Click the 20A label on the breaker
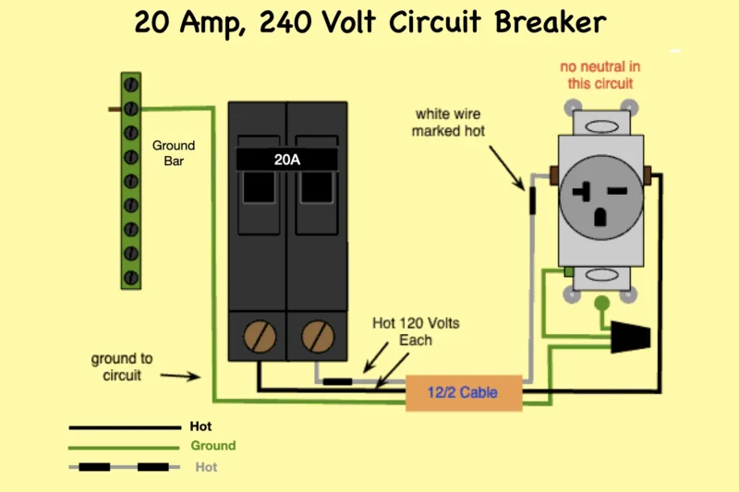[x=286, y=159]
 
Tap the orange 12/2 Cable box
[x=463, y=393]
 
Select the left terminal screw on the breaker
[x=259, y=332]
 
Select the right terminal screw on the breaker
[x=319, y=332]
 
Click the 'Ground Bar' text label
[x=174, y=153]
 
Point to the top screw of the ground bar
[x=131, y=86]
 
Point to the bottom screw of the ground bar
[x=131, y=276]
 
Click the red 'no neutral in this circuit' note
[x=600, y=75]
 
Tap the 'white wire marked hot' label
[x=448, y=122]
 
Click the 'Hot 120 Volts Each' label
[x=416, y=331]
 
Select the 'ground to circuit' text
[x=122, y=366]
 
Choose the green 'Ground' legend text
[x=213, y=445]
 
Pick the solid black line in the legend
[x=125, y=427]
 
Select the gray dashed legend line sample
[x=125, y=467]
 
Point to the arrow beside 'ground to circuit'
[x=181, y=377]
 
